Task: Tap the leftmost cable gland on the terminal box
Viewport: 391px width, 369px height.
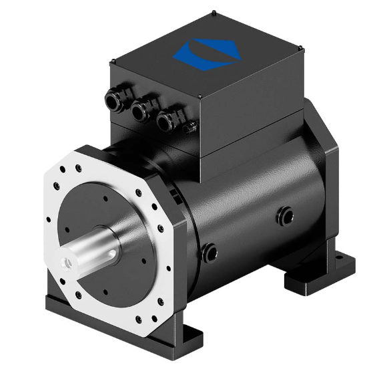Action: click(113, 101)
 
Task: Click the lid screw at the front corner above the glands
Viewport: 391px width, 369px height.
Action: click(200, 97)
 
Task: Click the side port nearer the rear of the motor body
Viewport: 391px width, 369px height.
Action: click(286, 215)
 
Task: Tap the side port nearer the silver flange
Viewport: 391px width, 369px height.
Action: click(210, 252)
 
